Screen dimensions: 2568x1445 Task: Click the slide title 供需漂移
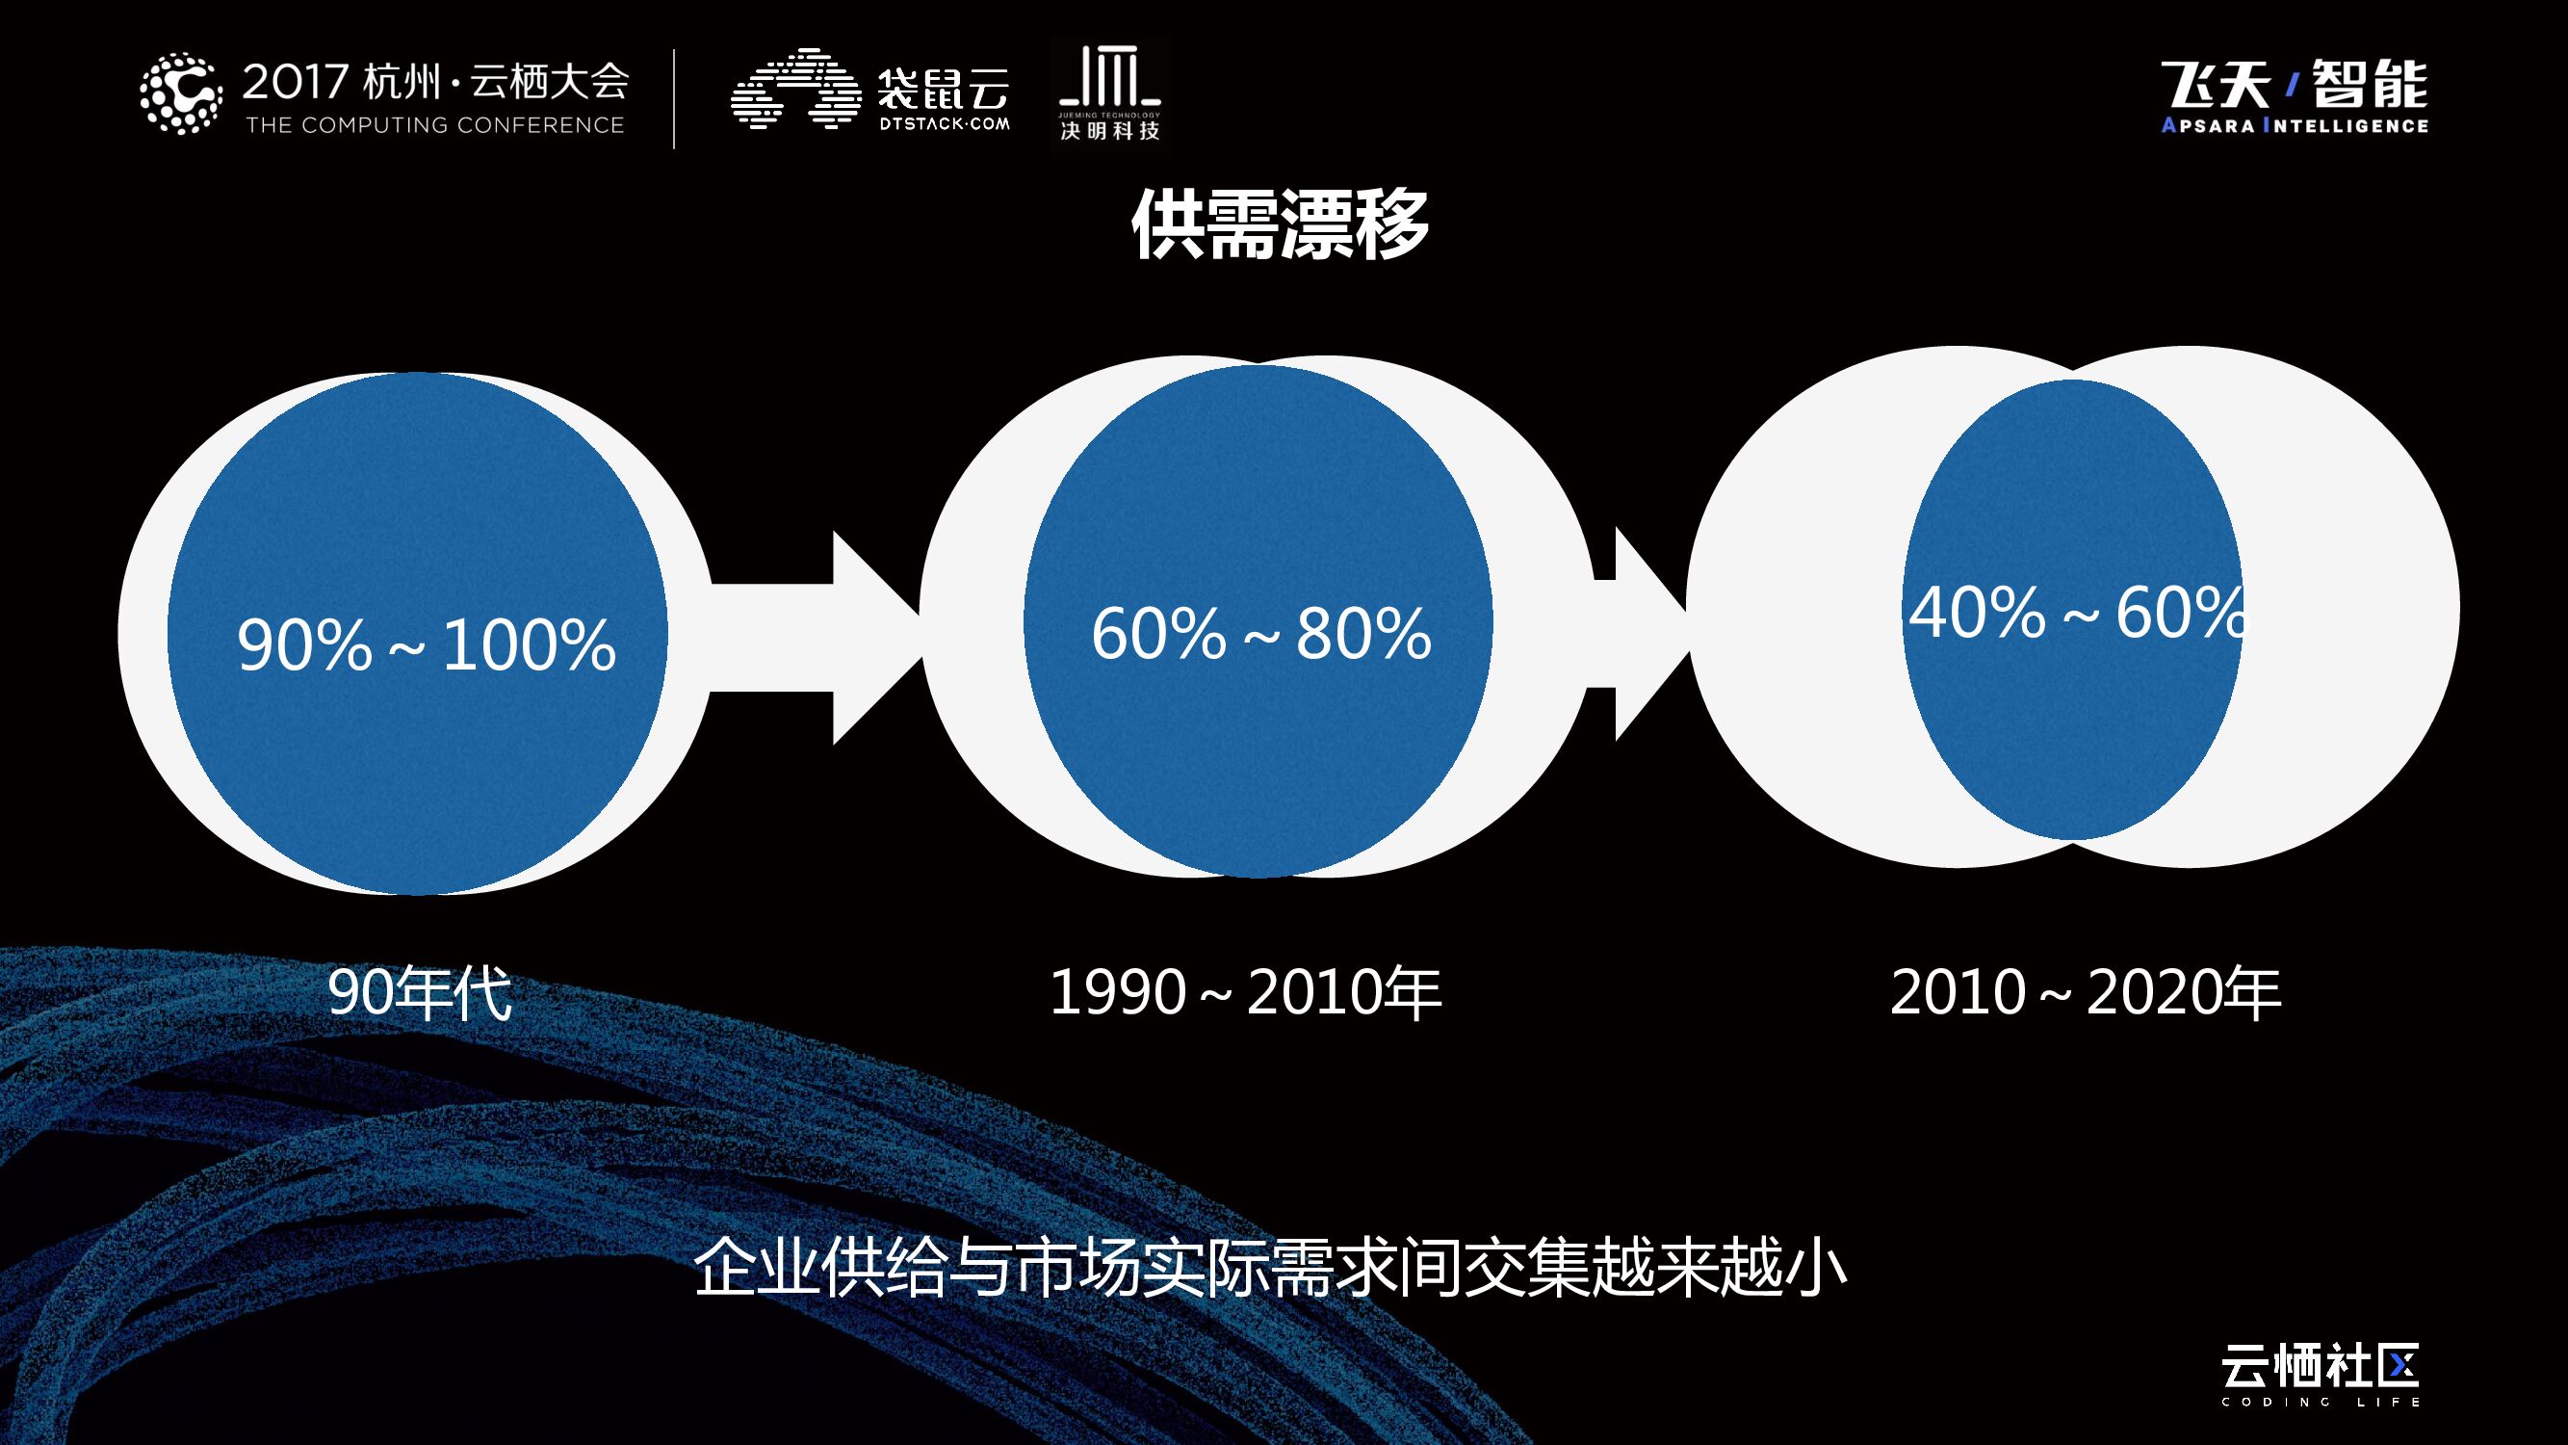coord(1280,225)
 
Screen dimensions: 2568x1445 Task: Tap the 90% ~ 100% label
coord(426,644)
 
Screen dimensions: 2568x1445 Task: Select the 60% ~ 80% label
coord(1261,633)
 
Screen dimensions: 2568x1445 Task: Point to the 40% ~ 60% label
coord(2078,613)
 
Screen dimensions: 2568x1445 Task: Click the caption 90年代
coord(420,992)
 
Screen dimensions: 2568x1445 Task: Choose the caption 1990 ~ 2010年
coord(1245,992)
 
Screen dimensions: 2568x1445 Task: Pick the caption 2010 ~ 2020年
coord(2086,992)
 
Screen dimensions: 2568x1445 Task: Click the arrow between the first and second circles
coord(817,639)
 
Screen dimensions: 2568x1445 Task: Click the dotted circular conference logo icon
coord(180,93)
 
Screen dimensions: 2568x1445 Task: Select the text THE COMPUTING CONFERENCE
coord(434,125)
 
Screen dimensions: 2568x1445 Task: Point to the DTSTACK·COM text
coord(944,124)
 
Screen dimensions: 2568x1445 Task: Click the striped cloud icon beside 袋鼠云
coord(795,89)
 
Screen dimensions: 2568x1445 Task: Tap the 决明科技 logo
coord(1109,94)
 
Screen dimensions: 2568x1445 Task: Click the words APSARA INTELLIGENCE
coord(2294,125)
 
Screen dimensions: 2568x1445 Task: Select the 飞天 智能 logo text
coord(2294,84)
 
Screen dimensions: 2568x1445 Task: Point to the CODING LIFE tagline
coord(2320,1402)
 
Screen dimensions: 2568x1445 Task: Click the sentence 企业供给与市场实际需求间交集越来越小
coord(1269,1269)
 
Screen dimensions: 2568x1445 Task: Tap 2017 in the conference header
coord(295,82)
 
